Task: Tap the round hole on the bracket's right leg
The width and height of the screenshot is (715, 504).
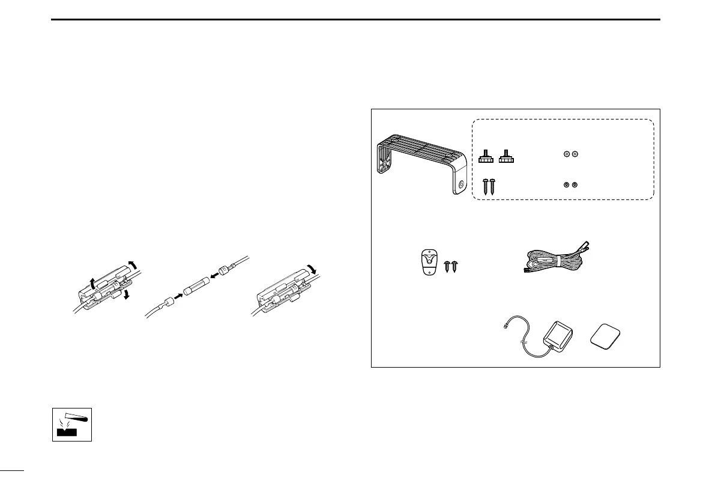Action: [460, 186]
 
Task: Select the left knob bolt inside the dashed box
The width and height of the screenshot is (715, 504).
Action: [485, 157]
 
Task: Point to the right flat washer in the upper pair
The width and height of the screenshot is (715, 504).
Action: [575, 155]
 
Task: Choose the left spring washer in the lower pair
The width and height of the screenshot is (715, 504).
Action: [566, 184]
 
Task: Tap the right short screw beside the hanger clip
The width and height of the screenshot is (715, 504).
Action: [456, 266]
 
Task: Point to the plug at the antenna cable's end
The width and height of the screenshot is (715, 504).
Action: [504, 327]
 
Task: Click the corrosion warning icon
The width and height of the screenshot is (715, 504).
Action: [71, 422]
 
